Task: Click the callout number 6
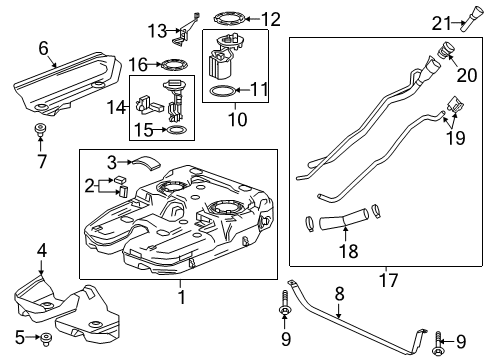[42, 47]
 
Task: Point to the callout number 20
[466, 76]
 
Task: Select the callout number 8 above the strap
[339, 293]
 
